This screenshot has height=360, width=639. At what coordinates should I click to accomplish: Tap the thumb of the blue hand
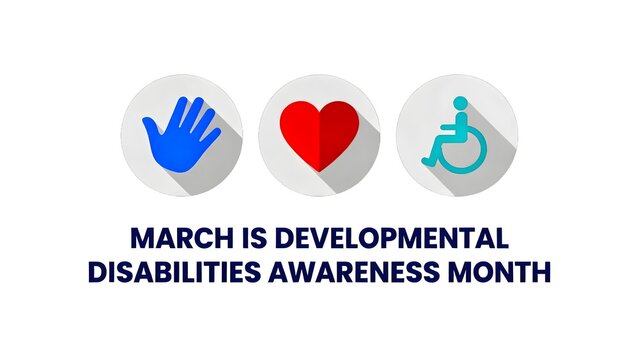click(x=149, y=125)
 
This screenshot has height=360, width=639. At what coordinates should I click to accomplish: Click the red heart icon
click(x=319, y=134)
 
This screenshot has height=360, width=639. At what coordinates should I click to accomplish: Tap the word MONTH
click(x=506, y=271)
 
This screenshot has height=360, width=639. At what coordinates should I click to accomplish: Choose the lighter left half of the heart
click(x=301, y=130)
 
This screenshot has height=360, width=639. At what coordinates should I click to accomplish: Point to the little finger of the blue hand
click(x=212, y=130)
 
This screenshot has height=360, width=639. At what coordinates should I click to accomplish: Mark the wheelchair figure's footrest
click(x=429, y=160)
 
